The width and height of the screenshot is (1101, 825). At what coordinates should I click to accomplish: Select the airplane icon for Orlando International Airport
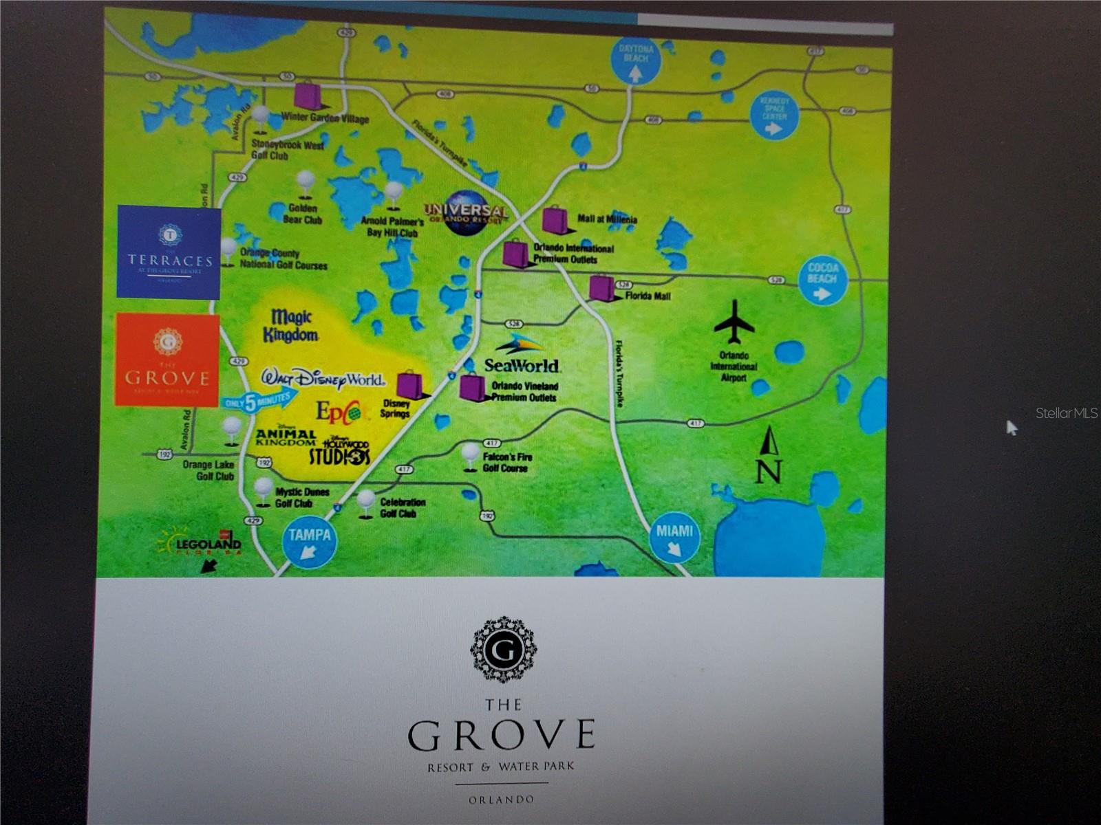click(734, 322)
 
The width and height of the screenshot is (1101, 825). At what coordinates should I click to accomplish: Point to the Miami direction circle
click(674, 536)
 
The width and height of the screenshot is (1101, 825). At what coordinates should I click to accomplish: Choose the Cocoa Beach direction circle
click(822, 280)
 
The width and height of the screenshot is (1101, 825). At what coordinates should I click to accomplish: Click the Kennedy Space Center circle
click(774, 115)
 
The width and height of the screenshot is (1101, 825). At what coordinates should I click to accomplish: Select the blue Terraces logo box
click(169, 252)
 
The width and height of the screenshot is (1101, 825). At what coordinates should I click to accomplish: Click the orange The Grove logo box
click(167, 359)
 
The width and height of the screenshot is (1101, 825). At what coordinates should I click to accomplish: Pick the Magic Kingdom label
click(290, 326)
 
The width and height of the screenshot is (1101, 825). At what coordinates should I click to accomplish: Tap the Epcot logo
click(338, 411)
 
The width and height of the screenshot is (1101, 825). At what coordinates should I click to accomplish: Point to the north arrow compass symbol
click(769, 454)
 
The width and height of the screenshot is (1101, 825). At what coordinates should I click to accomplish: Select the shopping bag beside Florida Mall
click(601, 289)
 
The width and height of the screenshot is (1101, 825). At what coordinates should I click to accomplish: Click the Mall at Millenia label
click(607, 220)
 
